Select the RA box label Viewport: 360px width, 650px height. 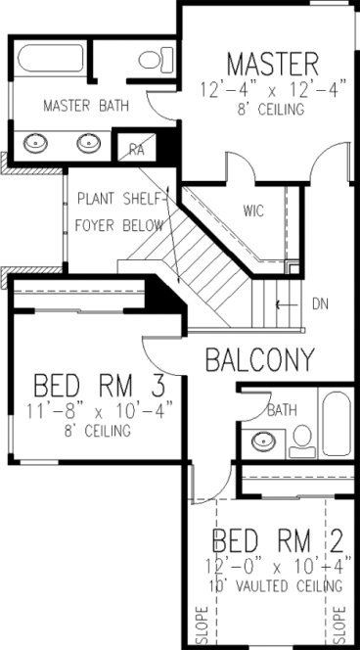(x=136, y=150)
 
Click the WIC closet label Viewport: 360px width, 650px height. (x=254, y=209)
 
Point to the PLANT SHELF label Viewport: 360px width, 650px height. (x=122, y=199)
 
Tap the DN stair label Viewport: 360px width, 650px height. (x=319, y=303)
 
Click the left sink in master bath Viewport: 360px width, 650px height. (x=38, y=140)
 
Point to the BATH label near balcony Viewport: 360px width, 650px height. (x=282, y=409)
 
